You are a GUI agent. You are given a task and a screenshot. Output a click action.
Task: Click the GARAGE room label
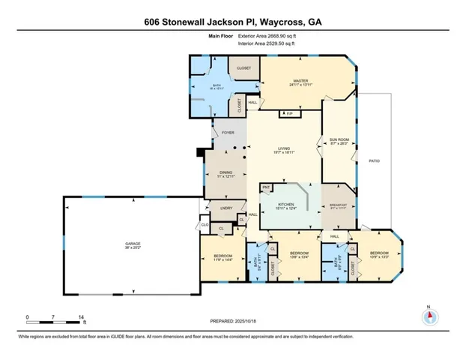click(132, 244)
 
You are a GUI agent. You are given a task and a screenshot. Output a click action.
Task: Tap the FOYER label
click(227, 136)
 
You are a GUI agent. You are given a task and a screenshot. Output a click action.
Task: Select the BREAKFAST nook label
click(337, 205)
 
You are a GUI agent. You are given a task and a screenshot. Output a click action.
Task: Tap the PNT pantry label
click(266, 185)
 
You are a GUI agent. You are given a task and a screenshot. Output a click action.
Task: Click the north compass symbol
click(429, 316)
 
